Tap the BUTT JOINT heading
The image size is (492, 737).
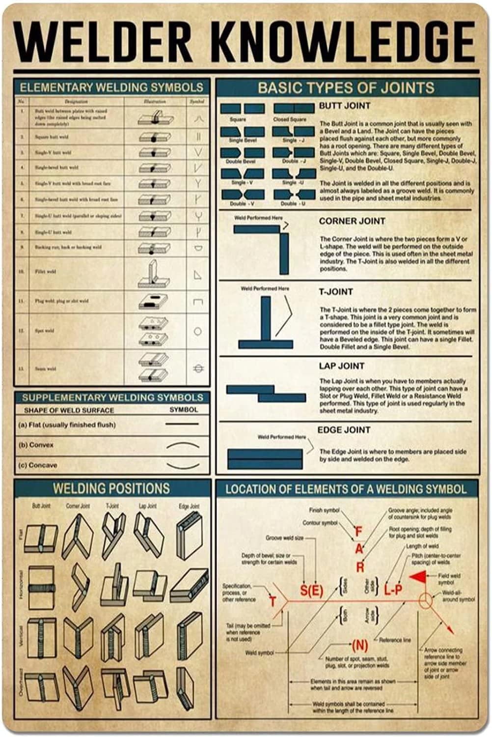click(x=344, y=106)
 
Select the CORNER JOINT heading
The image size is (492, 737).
click(x=352, y=221)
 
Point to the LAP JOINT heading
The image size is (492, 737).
click(x=341, y=366)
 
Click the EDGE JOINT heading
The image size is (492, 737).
click(x=343, y=430)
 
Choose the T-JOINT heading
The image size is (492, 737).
click(x=336, y=292)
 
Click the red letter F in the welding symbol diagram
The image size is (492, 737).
click(x=358, y=531)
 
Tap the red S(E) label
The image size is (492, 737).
click(x=311, y=590)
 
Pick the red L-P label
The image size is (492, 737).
click(x=393, y=590)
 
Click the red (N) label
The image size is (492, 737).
click(x=360, y=645)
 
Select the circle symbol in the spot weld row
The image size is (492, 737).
click(x=197, y=331)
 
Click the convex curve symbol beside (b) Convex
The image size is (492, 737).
click(x=183, y=445)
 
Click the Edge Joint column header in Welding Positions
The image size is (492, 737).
click(x=189, y=506)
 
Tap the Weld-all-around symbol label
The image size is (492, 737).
click(x=458, y=596)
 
